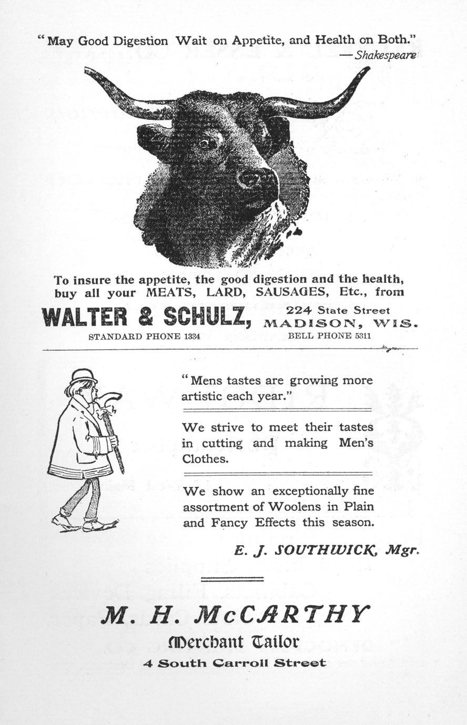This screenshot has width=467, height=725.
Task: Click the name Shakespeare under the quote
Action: (385, 55)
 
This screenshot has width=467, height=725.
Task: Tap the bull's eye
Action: (206, 142)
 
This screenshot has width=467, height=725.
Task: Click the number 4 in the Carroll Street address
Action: (148, 663)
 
